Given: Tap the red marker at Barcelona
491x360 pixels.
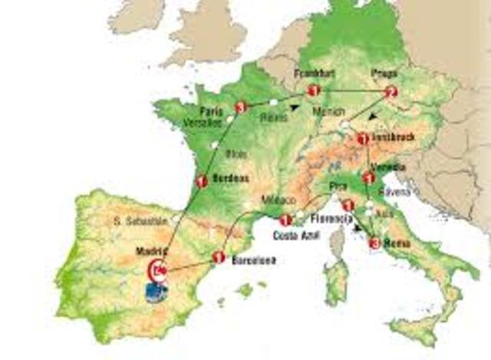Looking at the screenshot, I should point(219,258).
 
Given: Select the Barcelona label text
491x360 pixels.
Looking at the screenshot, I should point(252,260).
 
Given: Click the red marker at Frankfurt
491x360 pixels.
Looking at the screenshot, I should point(313,91).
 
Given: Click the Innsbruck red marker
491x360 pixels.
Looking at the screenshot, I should point(363,139).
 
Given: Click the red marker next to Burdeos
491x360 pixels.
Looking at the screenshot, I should point(202,182).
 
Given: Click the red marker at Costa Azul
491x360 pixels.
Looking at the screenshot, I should point(285,219).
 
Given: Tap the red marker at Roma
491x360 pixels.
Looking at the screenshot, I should point(374,244).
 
